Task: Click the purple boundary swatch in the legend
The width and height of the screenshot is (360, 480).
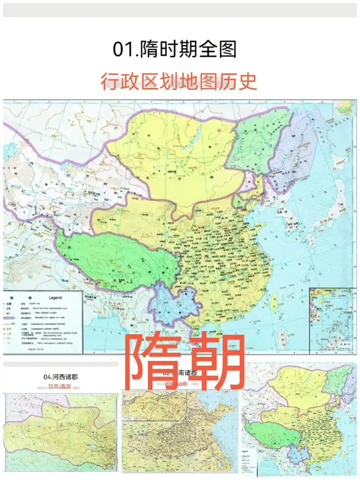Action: (10, 318)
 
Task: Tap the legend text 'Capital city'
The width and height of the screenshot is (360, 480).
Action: (38, 304)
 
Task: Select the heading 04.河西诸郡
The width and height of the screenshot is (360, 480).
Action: (61, 377)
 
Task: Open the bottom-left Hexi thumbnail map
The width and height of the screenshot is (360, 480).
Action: (61, 432)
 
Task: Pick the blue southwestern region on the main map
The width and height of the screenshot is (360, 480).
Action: (173, 306)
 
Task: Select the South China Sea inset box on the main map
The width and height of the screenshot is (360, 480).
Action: (332, 319)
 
